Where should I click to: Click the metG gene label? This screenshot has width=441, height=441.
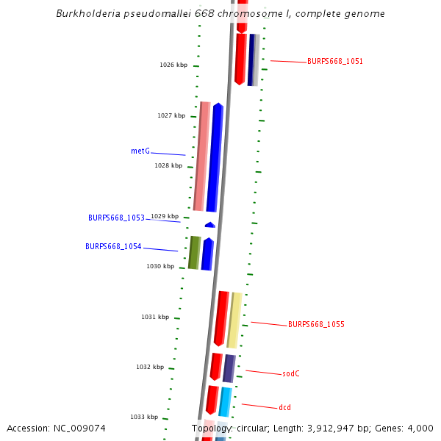(140, 151)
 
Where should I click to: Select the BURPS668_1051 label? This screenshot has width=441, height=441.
(335, 62)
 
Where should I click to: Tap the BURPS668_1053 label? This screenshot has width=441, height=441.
(116, 218)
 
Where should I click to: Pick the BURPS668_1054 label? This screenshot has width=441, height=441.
(113, 246)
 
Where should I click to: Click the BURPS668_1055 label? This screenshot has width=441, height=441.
(316, 324)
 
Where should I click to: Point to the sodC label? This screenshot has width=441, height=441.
(291, 373)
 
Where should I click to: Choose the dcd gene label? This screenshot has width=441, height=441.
(285, 406)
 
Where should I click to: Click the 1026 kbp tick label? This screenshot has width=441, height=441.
(173, 65)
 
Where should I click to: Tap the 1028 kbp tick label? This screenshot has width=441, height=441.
(168, 165)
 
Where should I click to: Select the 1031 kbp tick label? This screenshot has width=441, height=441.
(155, 317)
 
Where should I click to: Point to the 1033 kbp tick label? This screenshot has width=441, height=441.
(144, 417)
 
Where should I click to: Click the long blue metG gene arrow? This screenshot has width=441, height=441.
(215, 157)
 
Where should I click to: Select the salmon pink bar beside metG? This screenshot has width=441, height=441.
(200, 156)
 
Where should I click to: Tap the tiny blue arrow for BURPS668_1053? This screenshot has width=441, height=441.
(210, 224)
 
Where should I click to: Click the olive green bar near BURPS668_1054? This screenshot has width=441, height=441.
(194, 252)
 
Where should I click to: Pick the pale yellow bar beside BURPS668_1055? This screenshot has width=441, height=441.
(234, 320)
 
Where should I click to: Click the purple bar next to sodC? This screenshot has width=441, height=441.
(229, 368)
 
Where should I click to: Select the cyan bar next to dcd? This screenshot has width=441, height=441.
(226, 401)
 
